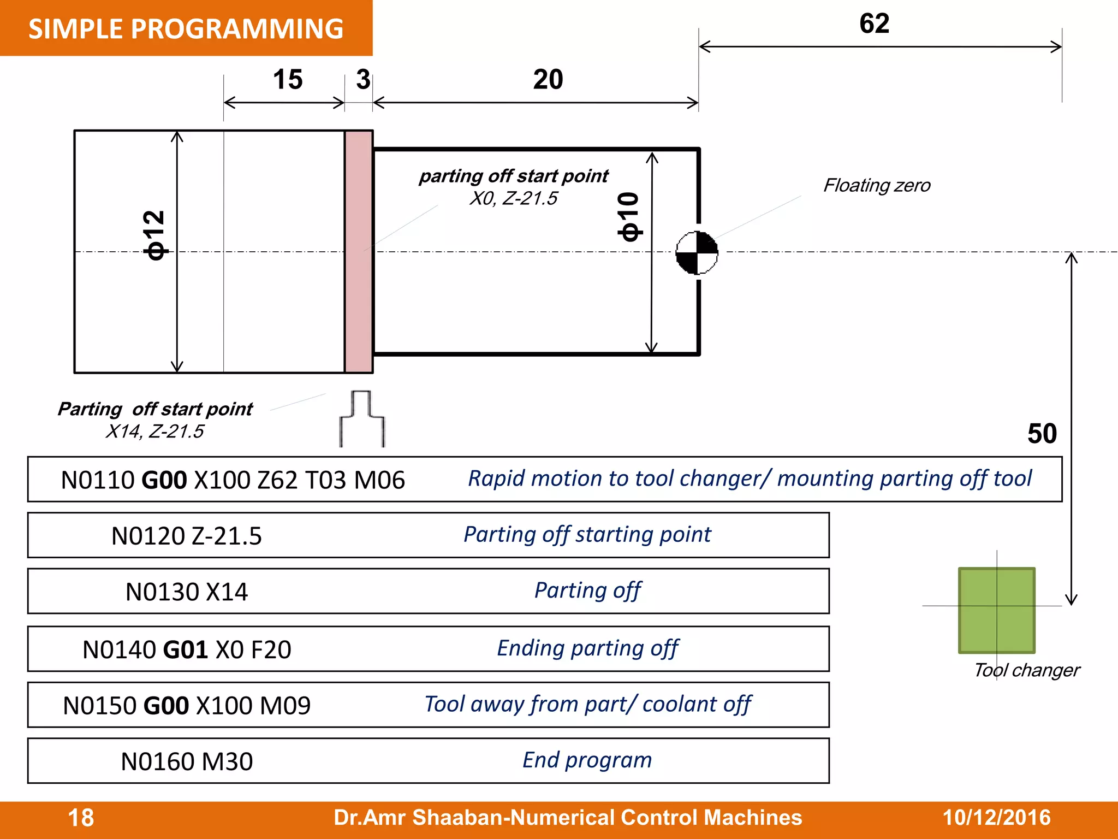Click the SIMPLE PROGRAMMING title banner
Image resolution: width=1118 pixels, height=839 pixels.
click(x=186, y=28)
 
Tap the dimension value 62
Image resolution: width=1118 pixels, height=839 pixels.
click(x=874, y=23)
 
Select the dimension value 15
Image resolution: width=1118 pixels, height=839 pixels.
click(x=288, y=80)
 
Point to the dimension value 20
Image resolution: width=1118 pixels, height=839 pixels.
click(x=548, y=80)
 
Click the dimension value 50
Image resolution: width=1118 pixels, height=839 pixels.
click(x=1042, y=434)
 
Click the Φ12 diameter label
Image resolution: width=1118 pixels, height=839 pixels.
click(x=154, y=235)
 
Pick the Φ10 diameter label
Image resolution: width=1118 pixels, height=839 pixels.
click(x=629, y=217)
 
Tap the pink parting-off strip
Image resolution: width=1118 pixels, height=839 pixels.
click(x=359, y=252)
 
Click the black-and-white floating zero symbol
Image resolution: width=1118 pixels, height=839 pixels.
click(x=697, y=252)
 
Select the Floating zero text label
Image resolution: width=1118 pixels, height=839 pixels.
click(x=877, y=186)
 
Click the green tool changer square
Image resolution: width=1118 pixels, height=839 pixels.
click(x=996, y=610)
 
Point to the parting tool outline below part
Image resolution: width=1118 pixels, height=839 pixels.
click(x=362, y=419)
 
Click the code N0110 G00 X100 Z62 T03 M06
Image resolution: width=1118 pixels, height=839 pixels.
click(x=233, y=480)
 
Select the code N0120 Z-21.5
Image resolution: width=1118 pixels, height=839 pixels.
click(x=186, y=536)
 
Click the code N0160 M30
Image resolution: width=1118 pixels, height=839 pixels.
click(x=187, y=761)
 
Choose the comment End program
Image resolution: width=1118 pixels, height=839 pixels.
click(x=587, y=760)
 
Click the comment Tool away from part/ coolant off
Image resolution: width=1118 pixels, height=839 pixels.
click(x=587, y=705)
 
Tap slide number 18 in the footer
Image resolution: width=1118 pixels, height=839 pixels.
click(x=81, y=818)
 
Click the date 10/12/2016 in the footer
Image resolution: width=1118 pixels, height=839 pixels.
click(x=996, y=818)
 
